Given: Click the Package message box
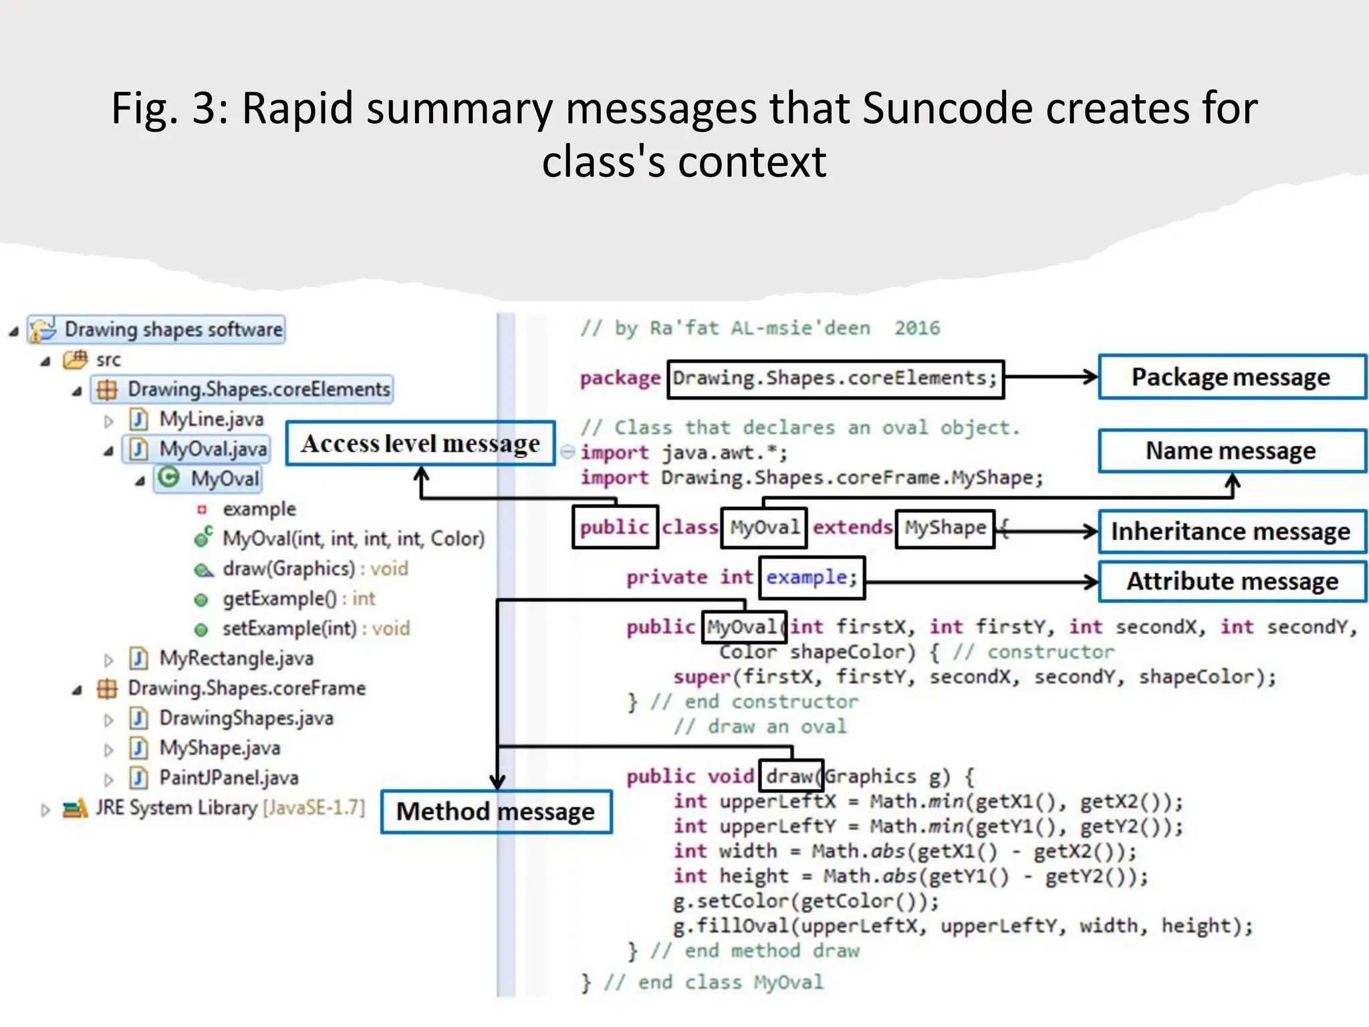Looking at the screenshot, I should click(x=1231, y=377).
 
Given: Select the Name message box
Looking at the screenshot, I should click(x=1231, y=451).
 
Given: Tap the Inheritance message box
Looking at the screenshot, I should click(x=1231, y=532).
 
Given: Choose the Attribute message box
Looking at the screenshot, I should click(x=1231, y=581).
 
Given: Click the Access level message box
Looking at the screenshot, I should click(x=420, y=443).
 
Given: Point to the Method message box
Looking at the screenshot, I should click(x=496, y=812).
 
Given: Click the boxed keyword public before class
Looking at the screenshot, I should click(x=615, y=528).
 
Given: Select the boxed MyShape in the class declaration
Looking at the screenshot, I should click(x=945, y=528).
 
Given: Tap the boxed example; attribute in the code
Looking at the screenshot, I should click(x=812, y=578).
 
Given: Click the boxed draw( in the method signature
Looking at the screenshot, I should click(x=791, y=776).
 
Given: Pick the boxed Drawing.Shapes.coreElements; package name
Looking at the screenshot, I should click(x=835, y=378).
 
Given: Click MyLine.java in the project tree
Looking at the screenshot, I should click(x=211, y=419).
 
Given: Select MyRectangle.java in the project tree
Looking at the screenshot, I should click(x=236, y=659).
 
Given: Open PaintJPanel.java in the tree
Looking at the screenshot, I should click(x=229, y=778).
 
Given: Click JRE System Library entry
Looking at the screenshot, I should click(x=229, y=808).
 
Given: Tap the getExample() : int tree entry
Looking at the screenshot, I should click(x=298, y=598).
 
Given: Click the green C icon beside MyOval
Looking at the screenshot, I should click(x=170, y=477).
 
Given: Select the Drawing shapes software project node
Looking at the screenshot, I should click(x=172, y=329).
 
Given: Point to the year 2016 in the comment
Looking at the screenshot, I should click(x=917, y=328).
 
